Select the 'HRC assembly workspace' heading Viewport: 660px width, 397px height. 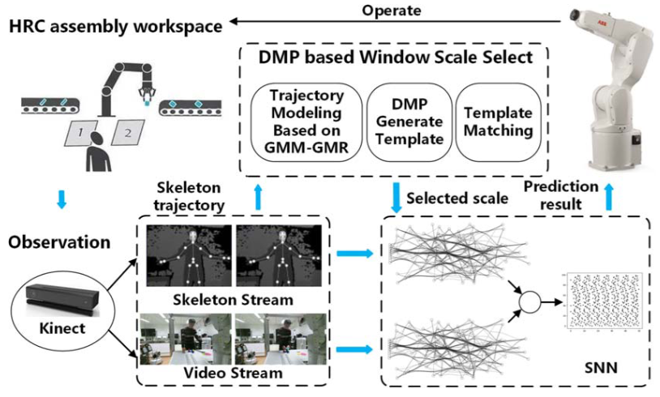[116, 27]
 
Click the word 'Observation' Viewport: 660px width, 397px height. [60, 241]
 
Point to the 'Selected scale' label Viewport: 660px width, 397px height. [456, 198]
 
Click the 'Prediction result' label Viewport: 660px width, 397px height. [561, 195]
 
